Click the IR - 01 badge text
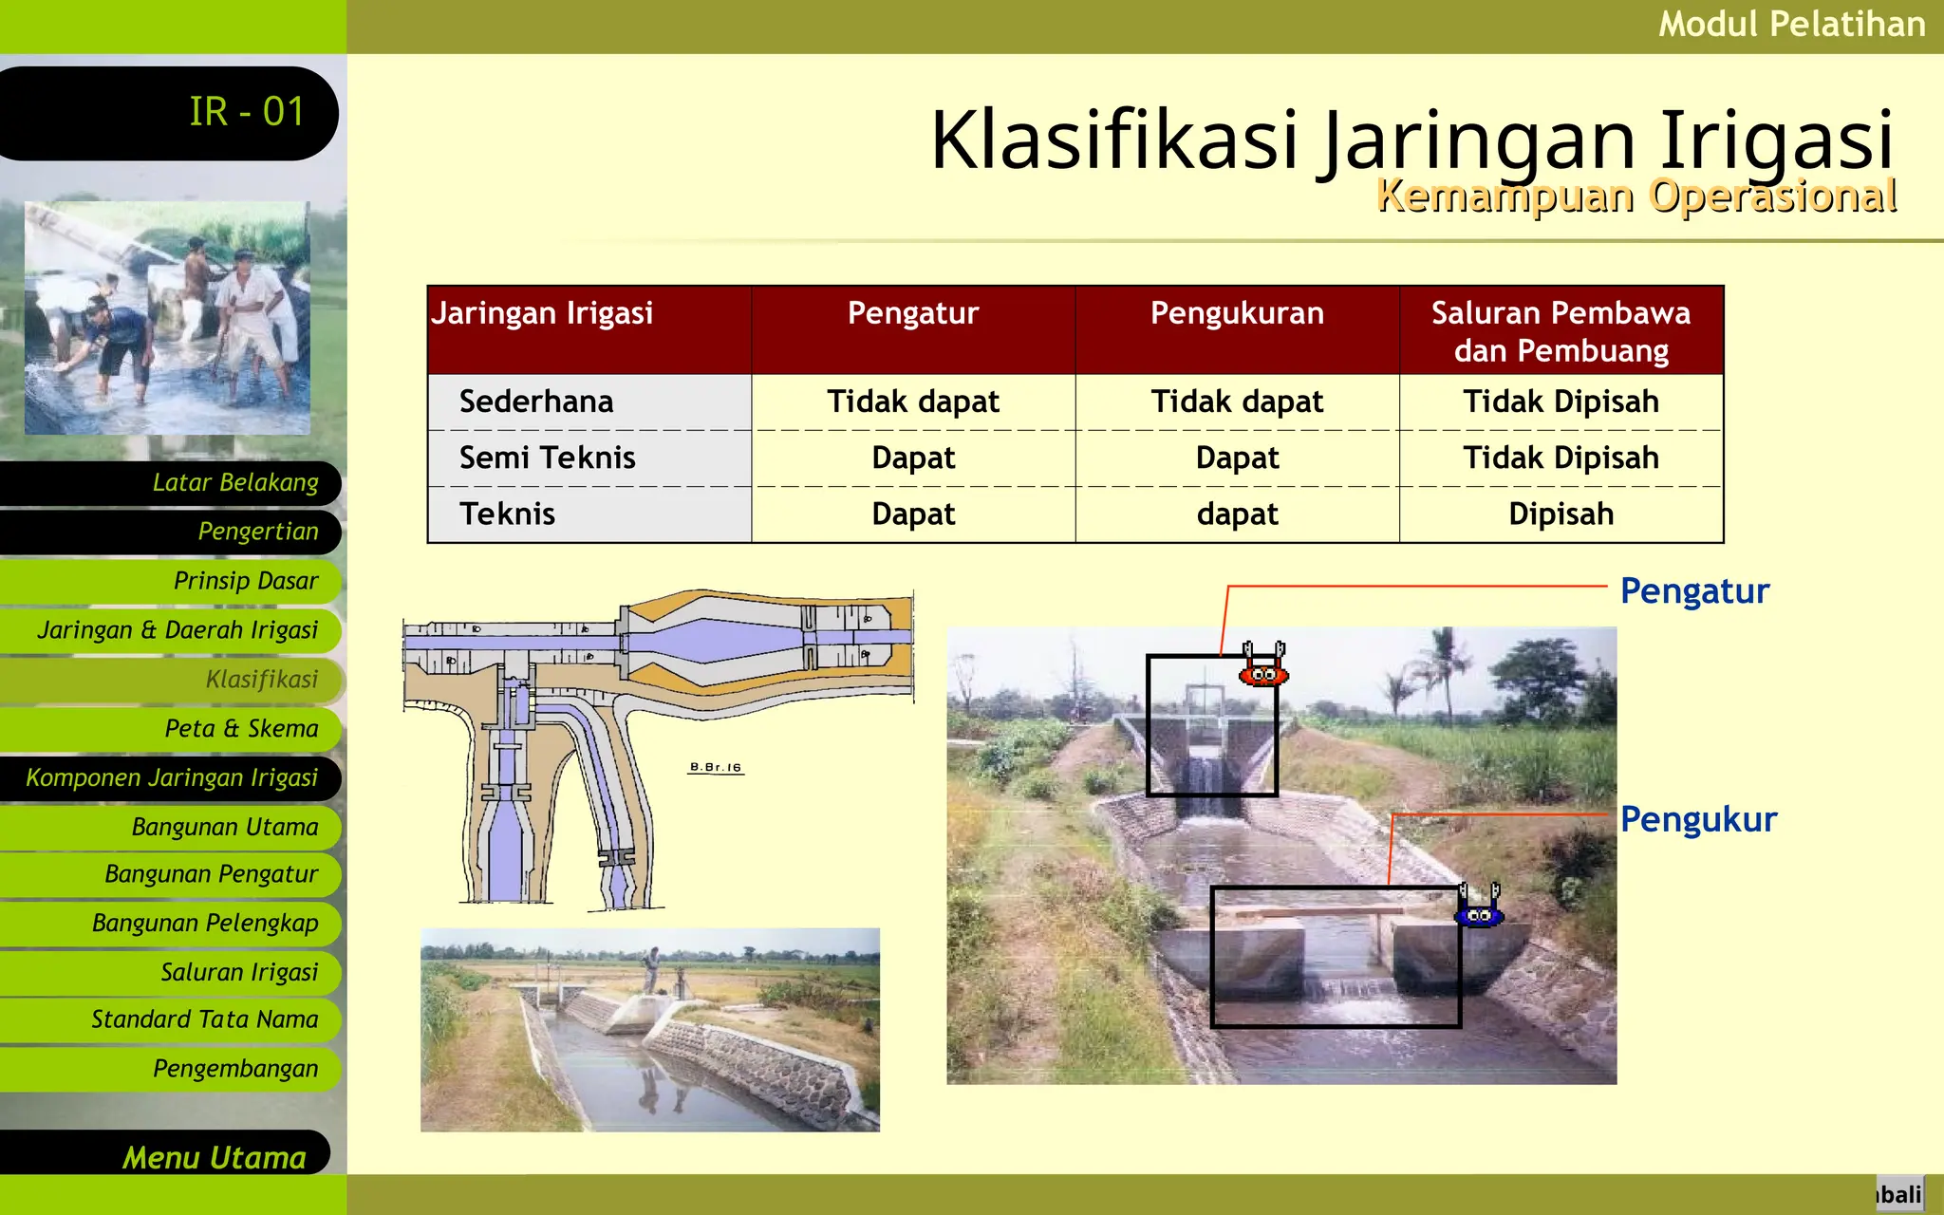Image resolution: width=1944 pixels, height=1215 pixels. [246, 112]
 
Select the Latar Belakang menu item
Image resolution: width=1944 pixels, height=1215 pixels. [234, 482]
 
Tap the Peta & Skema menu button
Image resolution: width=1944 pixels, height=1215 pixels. [240, 728]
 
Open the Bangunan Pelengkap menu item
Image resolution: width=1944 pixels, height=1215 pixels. [204, 923]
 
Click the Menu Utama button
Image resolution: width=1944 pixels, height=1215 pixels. [214, 1156]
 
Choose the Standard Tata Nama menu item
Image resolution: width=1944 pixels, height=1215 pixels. [204, 1019]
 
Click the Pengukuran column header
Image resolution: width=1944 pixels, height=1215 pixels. [1237, 313]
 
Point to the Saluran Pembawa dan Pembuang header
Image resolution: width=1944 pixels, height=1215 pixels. [1561, 331]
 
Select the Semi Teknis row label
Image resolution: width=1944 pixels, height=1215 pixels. [548, 458]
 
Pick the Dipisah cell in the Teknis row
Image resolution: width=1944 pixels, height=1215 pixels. [1561, 514]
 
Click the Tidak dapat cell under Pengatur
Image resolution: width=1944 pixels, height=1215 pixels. [912, 402]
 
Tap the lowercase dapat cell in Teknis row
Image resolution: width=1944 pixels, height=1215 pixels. [1237, 514]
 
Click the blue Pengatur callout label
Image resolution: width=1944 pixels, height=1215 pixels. [1694, 590]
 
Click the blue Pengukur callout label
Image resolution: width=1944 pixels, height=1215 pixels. [1698, 819]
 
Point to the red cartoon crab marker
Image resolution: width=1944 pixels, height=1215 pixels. [1263, 666]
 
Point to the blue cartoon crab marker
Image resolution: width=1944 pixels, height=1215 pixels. [1479, 907]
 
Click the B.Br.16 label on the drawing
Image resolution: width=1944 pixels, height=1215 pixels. [716, 767]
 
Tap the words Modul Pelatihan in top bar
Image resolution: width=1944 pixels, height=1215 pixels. [1791, 24]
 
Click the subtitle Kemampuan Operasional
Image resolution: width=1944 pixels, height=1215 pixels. [1636, 196]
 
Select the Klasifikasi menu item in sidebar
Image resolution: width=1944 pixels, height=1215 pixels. [261, 680]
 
